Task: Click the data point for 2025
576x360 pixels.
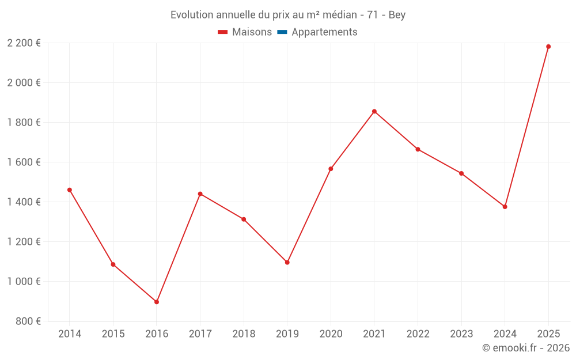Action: click(x=548, y=47)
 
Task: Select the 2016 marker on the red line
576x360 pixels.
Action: click(x=157, y=302)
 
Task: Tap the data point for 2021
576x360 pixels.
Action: click(x=374, y=111)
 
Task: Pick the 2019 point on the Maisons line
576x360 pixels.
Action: click(x=287, y=262)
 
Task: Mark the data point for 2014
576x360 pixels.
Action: click(x=70, y=190)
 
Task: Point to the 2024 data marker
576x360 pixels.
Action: click(x=505, y=207)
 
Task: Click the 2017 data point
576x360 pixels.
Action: click(x=200, y=194)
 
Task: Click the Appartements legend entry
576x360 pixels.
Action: click(x=324, y=32)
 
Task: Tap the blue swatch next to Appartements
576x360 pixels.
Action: click(x=282, y=32)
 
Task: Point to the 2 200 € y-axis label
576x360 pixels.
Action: click(x=24, y=43)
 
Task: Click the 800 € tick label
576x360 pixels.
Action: click(x=28, y=321)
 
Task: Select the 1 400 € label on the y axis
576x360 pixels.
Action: click(x=24, y=202)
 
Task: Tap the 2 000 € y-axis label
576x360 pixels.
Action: click(x=24, y=82)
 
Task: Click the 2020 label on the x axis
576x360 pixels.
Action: click(x=331, y=334)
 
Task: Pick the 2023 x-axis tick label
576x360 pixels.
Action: click(x=461, y=334)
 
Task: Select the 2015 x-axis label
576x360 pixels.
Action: click(x=113, y=334)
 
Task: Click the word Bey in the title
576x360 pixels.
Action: click(x=397, y=15)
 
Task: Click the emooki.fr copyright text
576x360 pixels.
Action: click(x=526, y=348)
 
